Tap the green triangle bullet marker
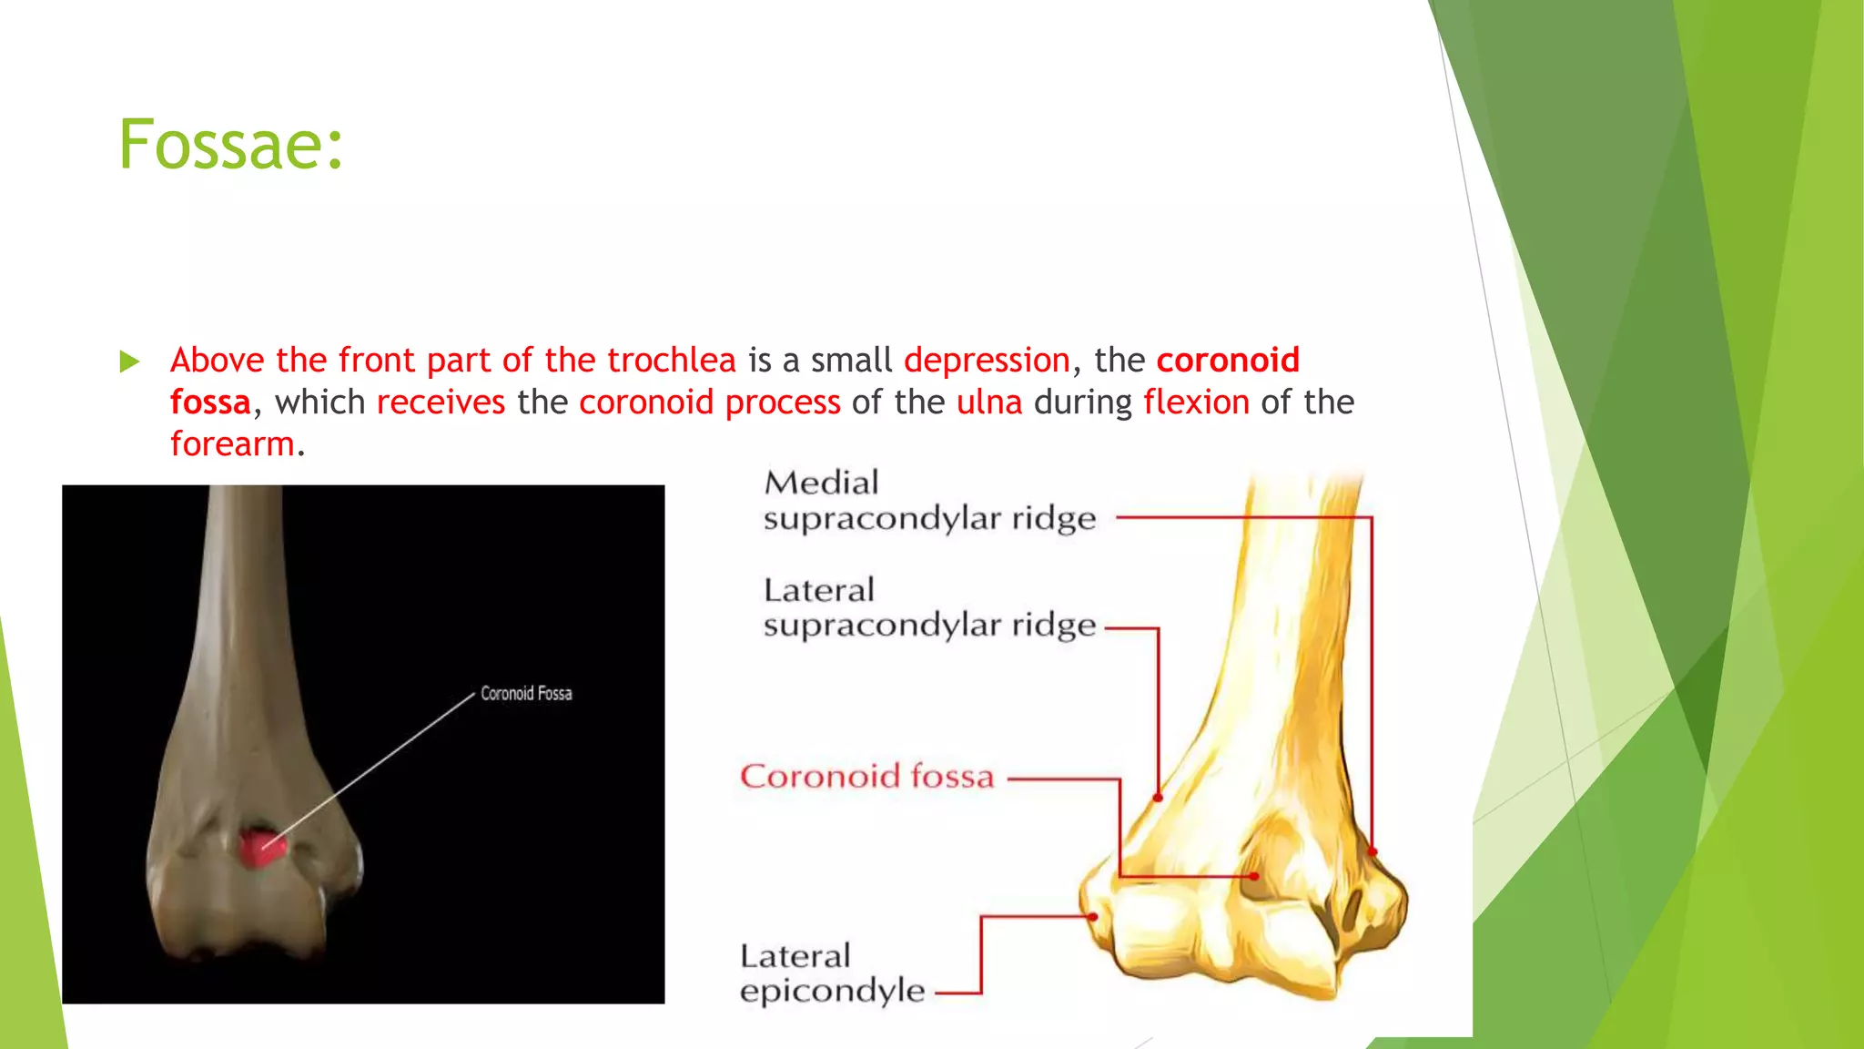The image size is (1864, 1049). click(129, 362)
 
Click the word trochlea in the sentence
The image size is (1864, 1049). click(671, 361)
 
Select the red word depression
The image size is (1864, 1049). click(987, 361)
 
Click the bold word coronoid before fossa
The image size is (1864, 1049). click(1228, 361)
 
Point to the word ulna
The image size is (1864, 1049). click(989, 402)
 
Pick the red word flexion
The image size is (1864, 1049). click(1196, 402)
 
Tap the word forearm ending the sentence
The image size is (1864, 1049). click(232, 444)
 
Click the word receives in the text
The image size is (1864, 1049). click(441, 402)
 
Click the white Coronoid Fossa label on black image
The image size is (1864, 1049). click(526, 694)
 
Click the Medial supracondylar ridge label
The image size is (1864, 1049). click(928, 500)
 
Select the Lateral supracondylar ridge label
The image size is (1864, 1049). click(928, 607)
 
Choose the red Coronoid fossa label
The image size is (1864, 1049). click(866, 777)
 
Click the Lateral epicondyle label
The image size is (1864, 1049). click(831, 973)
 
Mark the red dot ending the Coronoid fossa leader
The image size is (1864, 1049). click(1254, 876)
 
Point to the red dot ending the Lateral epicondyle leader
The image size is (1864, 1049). click(1093, 916)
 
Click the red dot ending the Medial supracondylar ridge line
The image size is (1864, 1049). click(1373, 851)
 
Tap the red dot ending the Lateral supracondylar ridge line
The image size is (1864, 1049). click(1158, 798)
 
